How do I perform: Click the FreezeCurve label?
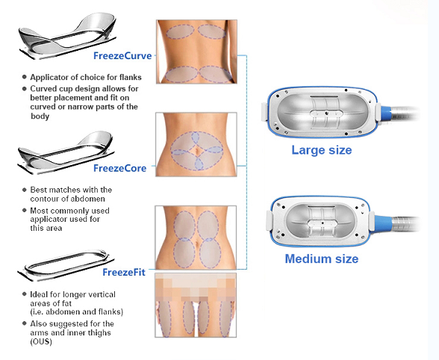click(122, 56)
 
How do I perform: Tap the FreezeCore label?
click(119, 168)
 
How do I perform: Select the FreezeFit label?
click(124, 273)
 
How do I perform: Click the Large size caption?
click(321, 150)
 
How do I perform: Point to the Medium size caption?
click(321, 258)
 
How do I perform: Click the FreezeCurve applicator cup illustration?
click(67, 36)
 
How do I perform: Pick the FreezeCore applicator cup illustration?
click(66, 152)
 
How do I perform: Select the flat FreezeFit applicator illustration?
click(66, 265)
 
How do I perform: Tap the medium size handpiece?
click(343, 222)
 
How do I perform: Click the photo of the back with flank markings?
click(196, 52)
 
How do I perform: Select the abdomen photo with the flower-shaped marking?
click(196, 145)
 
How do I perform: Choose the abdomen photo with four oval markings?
click(196, 238)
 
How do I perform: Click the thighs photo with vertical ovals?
click(196, 305)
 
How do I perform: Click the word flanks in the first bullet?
click(131, 77)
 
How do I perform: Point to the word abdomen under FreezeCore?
click(92, 199)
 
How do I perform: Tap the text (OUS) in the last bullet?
click(41, 342)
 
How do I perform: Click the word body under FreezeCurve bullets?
click(40, 117)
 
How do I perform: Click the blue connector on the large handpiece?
click(385, 112)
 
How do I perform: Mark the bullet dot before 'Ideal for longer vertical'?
click(25, 294)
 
